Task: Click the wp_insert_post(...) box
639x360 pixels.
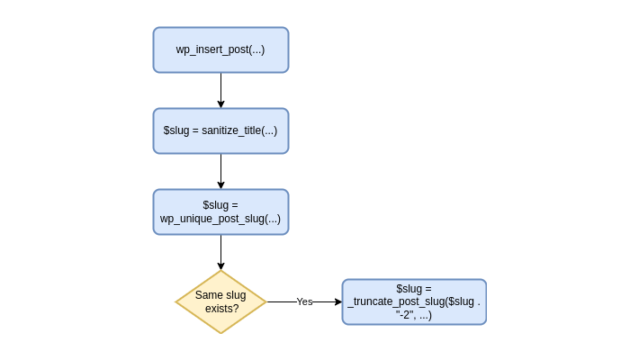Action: click(220, 49)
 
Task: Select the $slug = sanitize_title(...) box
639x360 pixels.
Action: click(220, 130)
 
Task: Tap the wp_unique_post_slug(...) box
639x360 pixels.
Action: click(220, 211)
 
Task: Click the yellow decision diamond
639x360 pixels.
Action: click(220, 301)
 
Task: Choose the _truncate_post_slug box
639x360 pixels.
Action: click(414, 301)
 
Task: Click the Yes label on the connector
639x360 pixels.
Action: click(304, 302)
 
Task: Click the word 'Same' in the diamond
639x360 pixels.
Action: click(209, 294)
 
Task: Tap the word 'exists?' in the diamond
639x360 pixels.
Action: click(221, 309)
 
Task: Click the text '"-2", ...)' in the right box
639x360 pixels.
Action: click(414, 315)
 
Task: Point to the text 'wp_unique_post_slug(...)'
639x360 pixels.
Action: click(220, 219)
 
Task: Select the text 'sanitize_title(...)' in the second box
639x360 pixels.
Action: click(238, 130)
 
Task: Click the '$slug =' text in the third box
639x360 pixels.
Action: click(220, 205)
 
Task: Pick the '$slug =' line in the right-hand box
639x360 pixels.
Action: click(414, 288)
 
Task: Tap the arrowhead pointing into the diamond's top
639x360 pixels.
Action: click(220, 265)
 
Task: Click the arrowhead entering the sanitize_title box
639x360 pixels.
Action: click(220, 103)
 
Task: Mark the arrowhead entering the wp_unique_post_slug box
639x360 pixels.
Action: click(220, 184)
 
